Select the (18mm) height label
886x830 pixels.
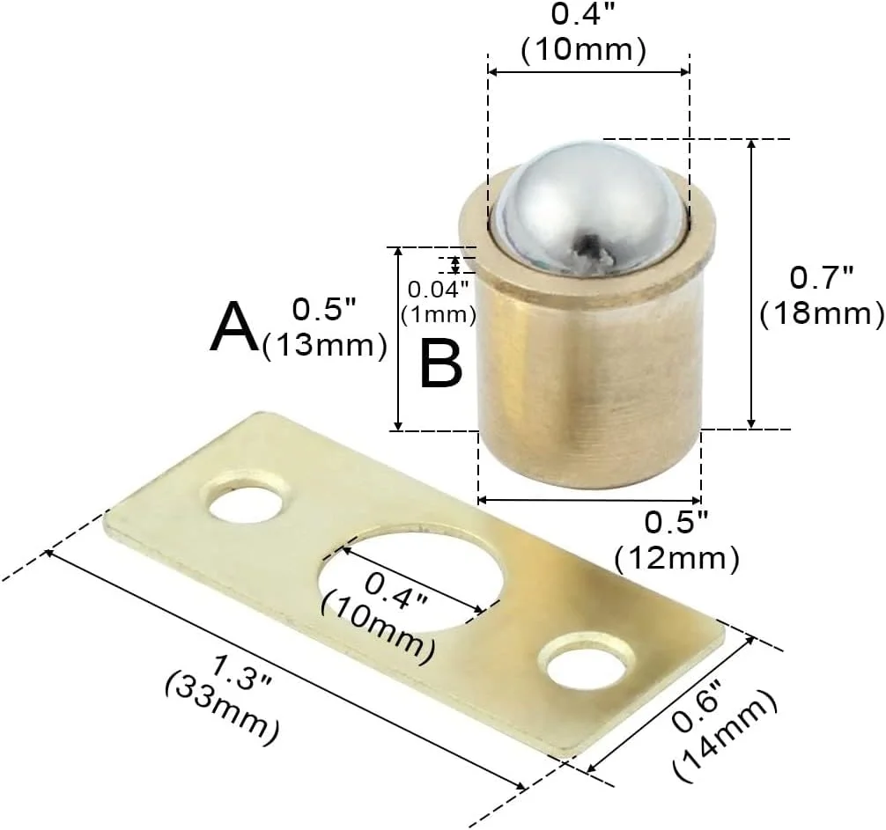(822, 314)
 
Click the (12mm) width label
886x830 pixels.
(677, 558)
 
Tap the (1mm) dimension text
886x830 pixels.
(439, 314)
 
